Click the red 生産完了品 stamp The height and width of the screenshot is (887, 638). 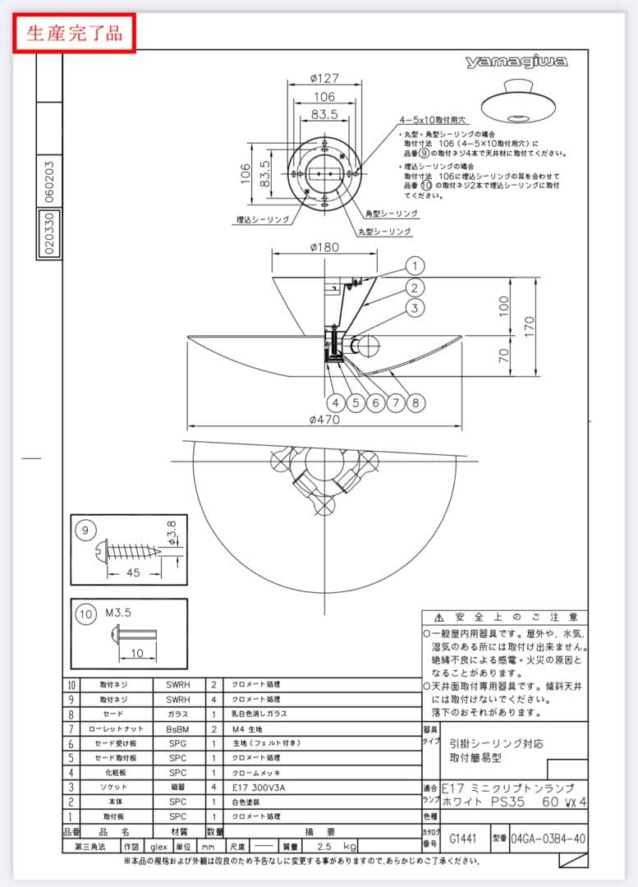coord(74,33)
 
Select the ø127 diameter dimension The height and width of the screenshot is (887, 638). coord(326,80)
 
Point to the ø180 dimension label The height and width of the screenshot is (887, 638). coord(326,247)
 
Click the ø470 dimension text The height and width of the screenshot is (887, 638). coord(326,420)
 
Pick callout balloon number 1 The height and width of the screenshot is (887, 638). coord(415,266)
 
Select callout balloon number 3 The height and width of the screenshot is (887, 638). coord(415,308)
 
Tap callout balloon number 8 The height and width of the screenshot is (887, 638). coord(415,402)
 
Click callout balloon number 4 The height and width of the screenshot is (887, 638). coord(336,402)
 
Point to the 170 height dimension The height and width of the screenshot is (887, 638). coord(530,325)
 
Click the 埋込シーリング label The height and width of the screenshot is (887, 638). coord(258,220)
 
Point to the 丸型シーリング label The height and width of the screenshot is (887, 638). coord(384,232)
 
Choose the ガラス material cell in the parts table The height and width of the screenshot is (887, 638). coord(178,714)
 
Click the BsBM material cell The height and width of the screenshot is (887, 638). coord(178,728)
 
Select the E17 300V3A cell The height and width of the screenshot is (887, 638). coord(259,787)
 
